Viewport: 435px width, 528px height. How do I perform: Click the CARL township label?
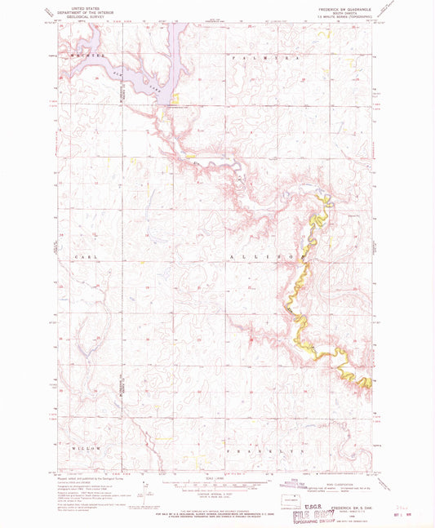coord(80,256)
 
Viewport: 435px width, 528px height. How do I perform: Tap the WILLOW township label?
coord(87,449)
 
